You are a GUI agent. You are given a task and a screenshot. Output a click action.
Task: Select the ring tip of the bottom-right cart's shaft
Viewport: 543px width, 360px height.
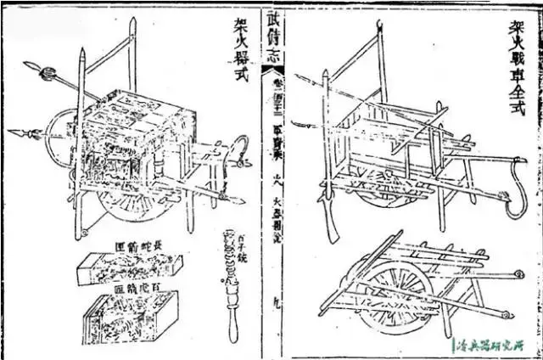[505, 317]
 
